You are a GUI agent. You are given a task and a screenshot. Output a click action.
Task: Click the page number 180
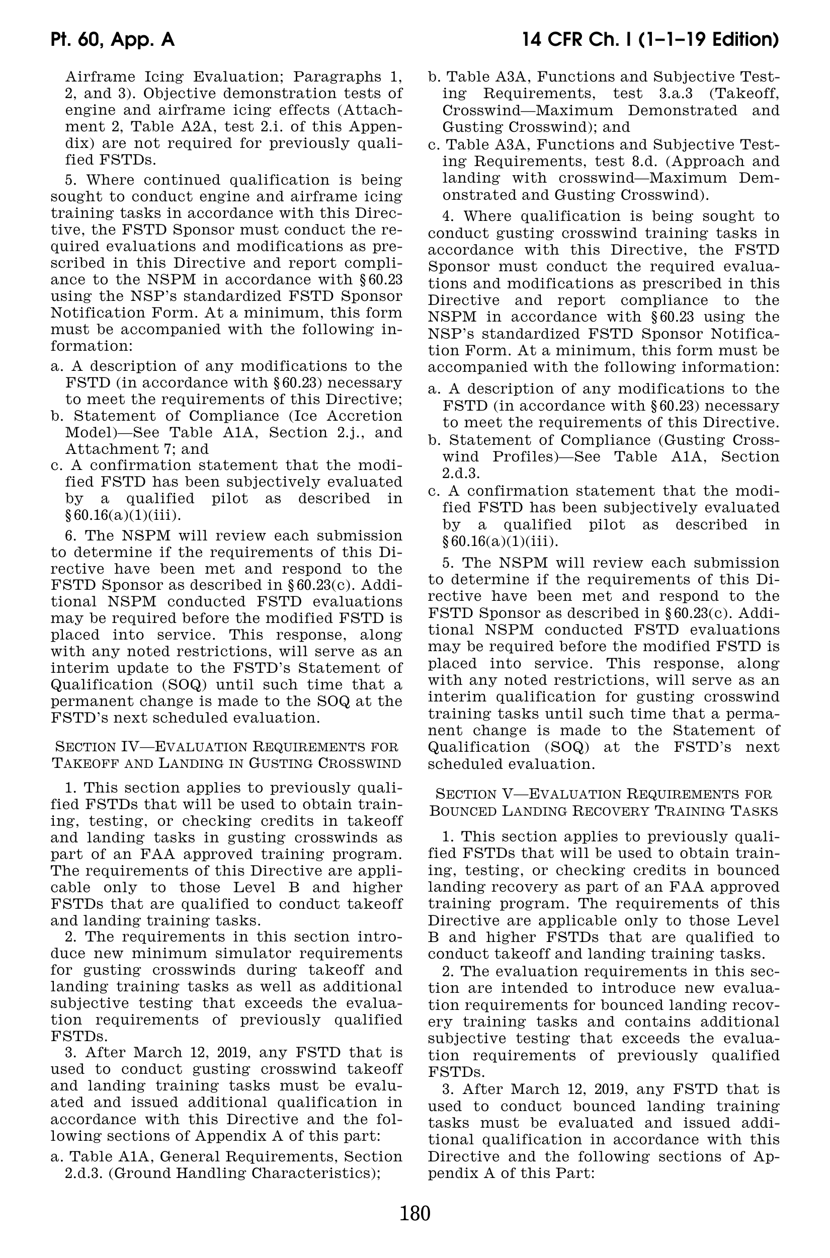tap(415, 1213)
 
